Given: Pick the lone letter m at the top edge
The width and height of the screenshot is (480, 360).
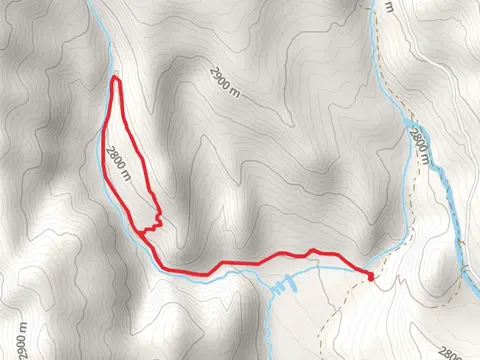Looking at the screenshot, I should click(x=390, y=5).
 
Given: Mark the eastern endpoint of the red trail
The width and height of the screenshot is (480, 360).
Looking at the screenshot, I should click(x=370, y=276).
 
